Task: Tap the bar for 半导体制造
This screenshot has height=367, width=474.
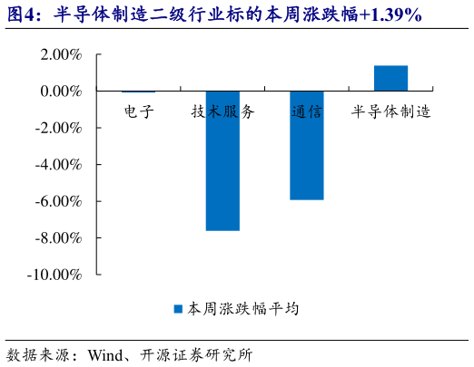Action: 390,79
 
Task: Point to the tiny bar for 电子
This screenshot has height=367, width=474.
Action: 138,92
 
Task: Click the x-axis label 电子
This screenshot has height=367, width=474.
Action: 139,112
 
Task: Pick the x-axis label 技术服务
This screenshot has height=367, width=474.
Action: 222,112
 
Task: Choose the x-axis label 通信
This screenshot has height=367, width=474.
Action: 307,112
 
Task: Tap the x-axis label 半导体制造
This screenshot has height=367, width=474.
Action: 390,112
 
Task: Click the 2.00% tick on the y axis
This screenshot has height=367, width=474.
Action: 60,55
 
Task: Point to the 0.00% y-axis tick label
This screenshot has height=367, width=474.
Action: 60,92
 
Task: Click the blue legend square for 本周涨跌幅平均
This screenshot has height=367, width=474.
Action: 179,309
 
